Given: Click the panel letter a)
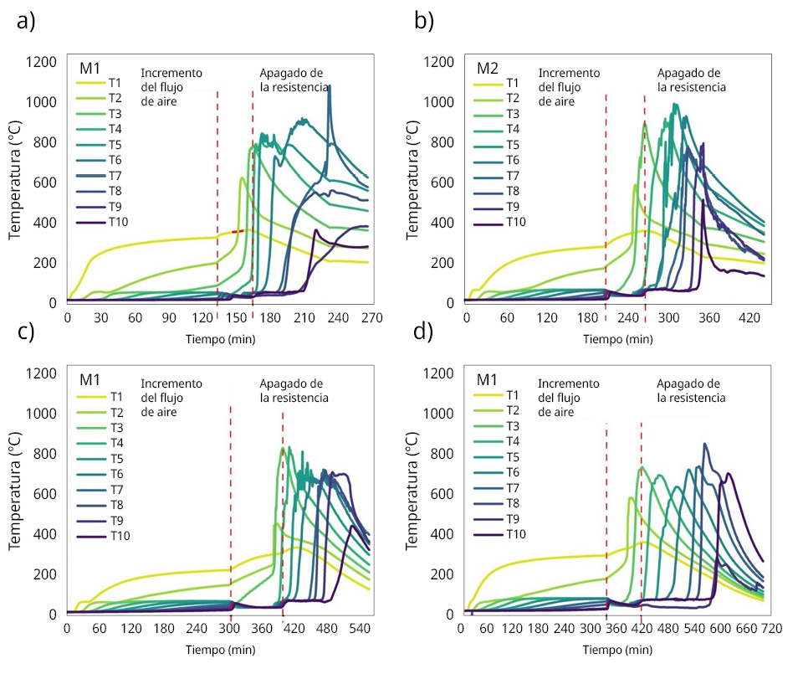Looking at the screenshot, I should coord(26,23).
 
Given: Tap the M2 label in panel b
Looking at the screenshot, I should coord(488,67).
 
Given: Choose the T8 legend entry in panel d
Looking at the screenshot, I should coord(513,503).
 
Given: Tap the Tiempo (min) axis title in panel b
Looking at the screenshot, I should coord(617,338).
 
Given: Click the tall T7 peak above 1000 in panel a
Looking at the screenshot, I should coord(330,86).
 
